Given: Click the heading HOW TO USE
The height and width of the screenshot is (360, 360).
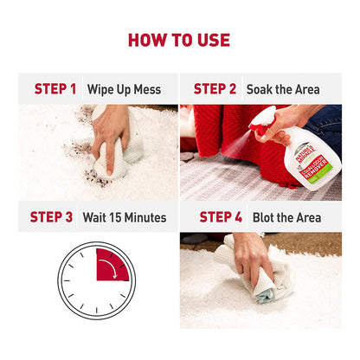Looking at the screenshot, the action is [x=179, y=40].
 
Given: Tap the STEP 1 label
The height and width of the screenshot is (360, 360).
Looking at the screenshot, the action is [x=55, y=89].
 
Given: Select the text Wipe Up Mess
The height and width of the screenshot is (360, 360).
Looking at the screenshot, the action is [x=124, y=89].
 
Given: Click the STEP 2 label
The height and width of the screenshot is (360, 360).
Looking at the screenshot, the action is [x=215, y=89].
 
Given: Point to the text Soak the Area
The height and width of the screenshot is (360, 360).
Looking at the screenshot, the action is [x=283, y=89].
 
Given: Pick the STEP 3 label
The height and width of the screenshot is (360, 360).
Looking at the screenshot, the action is [x=51, y=217].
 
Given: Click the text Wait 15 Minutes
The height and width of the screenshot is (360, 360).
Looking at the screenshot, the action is [x=125, y=217].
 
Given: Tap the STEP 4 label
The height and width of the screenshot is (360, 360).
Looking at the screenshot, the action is [x=221, y=217].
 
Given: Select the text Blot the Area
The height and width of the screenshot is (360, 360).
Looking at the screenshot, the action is [x=286, y=217].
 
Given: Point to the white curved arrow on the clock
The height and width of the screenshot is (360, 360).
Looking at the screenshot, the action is [x=110, y=266].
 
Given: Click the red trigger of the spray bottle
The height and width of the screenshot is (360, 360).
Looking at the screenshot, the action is [x=260, y=129].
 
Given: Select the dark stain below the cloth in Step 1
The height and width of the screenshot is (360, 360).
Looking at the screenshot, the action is [x=96, y=178].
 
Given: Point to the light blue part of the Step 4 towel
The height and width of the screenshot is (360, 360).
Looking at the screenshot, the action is [x=266, y=296].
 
